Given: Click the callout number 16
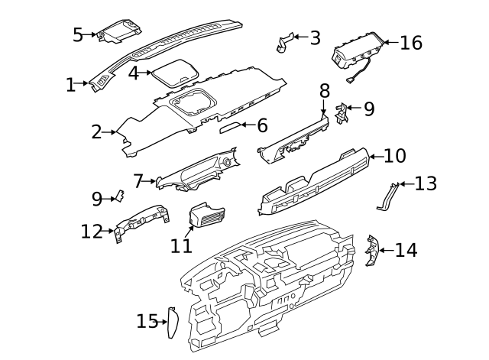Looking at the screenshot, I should [411, 43].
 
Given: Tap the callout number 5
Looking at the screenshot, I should [78, 34].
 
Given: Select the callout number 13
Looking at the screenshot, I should [426, 183].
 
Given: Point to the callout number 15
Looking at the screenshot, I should [146, 322].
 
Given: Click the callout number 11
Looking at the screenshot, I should [181, 246].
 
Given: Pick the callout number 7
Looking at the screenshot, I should [138, 181].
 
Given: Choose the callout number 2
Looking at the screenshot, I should [96, 132].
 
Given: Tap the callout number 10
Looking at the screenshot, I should [394, 157].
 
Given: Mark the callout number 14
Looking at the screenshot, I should [406, 250].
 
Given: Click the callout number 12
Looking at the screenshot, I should [92, 230].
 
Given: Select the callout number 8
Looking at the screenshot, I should [324, 91].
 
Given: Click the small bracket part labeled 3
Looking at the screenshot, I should [285, 42].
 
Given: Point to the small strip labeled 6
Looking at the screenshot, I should [230, 127].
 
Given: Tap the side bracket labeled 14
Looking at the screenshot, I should [371, 252].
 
